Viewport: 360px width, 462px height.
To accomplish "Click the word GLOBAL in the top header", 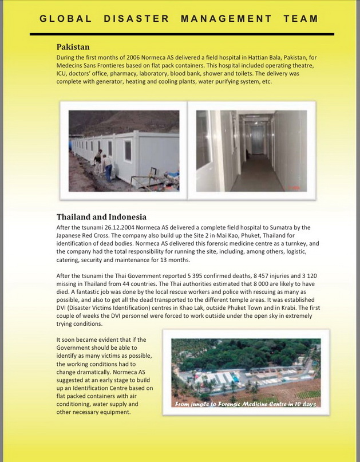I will tap(66, 18).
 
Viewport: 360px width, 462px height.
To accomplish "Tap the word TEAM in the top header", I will tap(300, 18).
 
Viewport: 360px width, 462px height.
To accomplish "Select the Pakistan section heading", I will tap(73, 47).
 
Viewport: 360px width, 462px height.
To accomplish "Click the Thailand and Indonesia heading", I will tap(101, 217).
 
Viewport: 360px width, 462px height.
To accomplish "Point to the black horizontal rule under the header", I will tap(181, 34).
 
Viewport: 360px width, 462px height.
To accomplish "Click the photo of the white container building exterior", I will tap(124, 151).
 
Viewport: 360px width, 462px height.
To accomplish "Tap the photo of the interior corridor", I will tap(251, 151).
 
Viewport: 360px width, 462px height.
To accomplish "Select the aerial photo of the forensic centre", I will tap(246, 372).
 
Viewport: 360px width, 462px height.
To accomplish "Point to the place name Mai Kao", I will tap(224, 235).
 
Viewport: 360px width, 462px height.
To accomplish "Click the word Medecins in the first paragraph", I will tap(70, 65).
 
